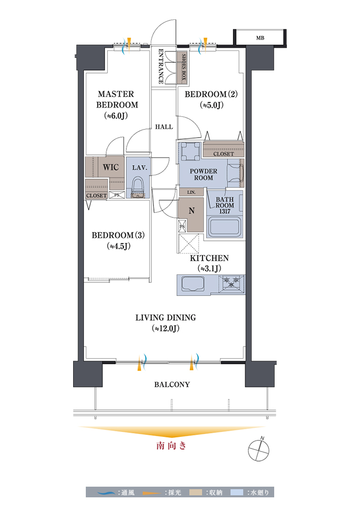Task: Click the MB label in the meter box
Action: (x=260, y=38)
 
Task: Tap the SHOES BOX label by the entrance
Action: (x=184, y=68)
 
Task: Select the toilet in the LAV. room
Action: (x=138, y=187)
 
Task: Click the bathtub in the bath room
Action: (x=225, y=227)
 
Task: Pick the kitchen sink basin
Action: (x=193, y=283)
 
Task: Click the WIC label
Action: (x=111, y=167)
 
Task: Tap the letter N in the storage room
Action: (x=191, y=211)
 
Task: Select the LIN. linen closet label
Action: (x=191, y=192)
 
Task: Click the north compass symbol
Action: (x=258, y=450)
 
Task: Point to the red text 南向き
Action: (x=171, y=446)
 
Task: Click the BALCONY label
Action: (x=172, y=385)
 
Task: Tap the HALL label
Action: (x=164, y=127)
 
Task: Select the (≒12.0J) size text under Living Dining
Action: (x=166, y=328)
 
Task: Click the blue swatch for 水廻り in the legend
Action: (x=237, y=492)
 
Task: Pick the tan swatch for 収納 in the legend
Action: (x=195, y=492)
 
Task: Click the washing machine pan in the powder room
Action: (x=190, y=151)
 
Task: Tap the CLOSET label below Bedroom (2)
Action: (x=223, y=154)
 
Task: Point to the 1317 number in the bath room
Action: (x=224, y=211)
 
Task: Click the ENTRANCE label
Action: (x=161, y=66)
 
